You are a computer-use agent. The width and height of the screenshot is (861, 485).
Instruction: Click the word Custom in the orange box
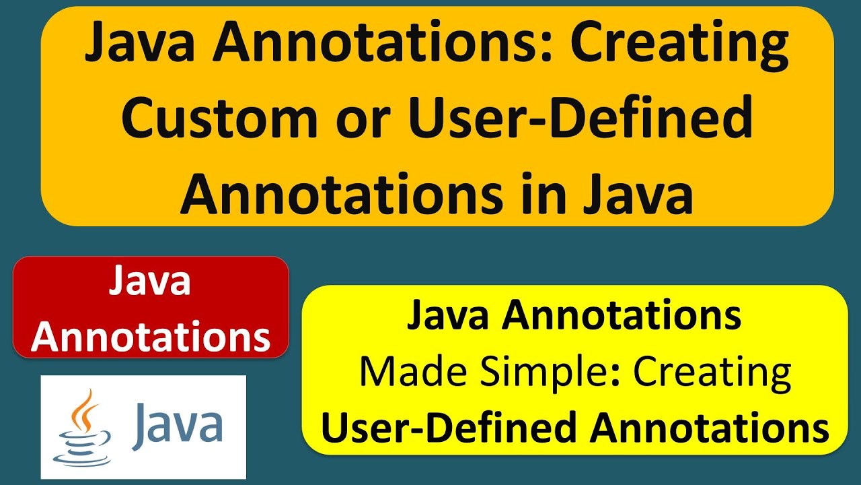(x=219, y=119)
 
